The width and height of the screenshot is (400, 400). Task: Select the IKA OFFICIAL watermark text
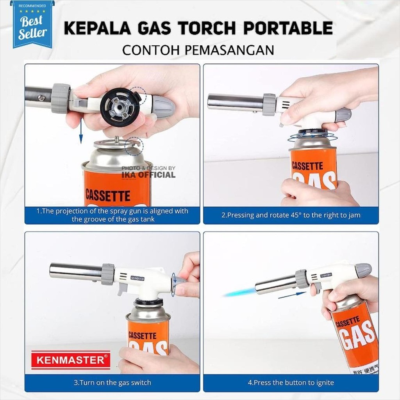(148, 175)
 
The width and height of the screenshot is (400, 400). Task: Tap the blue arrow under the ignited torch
(292, 295)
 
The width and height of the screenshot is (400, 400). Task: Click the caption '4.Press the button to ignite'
(291, 382)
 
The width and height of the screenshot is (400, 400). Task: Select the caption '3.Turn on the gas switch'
(112, 382)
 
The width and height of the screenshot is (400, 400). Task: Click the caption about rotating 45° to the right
(291, 215)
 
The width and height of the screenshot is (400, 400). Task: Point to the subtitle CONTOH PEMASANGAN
(198, 50)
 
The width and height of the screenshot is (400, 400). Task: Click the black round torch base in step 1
(119, 107)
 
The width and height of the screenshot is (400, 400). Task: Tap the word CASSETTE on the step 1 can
(108, 194)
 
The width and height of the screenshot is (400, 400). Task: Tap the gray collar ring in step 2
(269, 104)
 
